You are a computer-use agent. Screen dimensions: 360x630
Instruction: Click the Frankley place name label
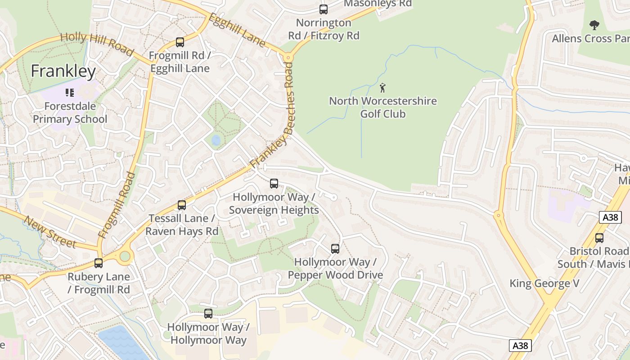[x=63, y=71]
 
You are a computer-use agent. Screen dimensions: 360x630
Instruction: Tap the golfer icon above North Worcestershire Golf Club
[x=382, y=88]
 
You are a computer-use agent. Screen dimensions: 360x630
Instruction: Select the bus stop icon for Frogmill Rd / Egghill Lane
[x=180, y=42]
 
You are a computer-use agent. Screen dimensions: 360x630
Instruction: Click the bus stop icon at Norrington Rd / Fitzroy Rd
[x=323, y=9]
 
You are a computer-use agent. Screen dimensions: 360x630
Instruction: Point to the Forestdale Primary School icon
[x=69, y=93]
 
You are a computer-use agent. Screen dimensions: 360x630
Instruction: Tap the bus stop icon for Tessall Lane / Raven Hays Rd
[x=182, y=205]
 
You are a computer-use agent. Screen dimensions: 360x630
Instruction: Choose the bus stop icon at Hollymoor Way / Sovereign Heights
[x=274, y=184]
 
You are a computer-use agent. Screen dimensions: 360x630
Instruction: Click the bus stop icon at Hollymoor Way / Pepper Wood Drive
[x=335, y=248]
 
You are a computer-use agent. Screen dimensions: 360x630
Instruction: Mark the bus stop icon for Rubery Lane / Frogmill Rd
[x=99, y=263]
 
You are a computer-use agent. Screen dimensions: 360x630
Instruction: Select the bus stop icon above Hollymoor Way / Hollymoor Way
[x=208, y=314]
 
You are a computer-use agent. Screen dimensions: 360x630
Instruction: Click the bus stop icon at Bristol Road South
[x=599, y=238]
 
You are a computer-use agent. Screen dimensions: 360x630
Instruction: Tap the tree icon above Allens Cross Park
[x=594, y=25]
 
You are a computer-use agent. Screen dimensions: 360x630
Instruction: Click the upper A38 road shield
[x=610, y=217]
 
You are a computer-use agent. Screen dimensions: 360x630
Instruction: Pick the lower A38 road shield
[x=520, y=345]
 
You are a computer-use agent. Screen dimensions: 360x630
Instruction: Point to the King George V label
[x=544, y=283]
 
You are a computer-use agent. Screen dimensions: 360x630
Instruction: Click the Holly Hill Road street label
[x=96, y=44]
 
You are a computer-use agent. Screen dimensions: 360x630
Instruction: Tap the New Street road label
[x=50, y=232]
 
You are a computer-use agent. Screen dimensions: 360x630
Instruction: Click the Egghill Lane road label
[x=237, y=30]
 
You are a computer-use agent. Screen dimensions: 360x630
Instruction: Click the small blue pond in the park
[x=216, y=140]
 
